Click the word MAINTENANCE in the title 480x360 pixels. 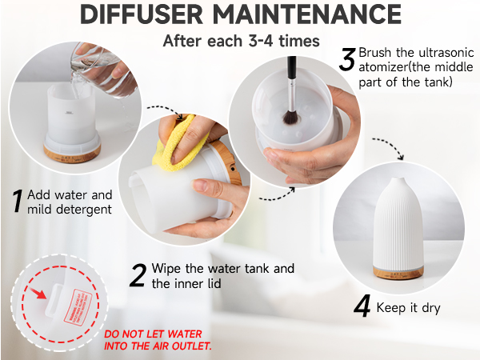tap(311, 16)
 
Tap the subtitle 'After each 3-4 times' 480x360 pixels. tap(239, 41)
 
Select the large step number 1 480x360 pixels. tap(16, 202)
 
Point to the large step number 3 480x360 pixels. tap(347, 60)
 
